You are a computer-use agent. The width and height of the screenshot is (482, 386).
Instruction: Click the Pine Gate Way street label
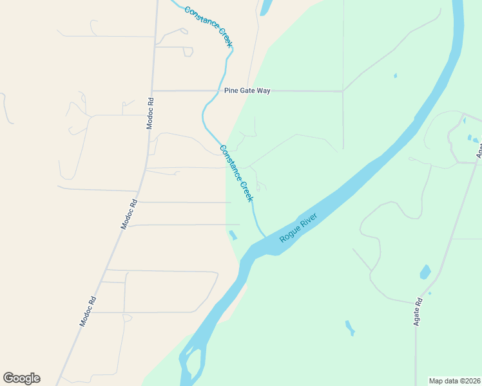(247, 91)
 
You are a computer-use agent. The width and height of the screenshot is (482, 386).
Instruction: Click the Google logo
(21, 378)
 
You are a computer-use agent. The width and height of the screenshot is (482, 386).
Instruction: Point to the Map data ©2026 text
(454, 380)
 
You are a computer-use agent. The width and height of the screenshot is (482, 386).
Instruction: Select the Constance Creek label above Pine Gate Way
(207, 26)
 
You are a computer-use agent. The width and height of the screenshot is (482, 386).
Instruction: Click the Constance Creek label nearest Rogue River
(236, 173)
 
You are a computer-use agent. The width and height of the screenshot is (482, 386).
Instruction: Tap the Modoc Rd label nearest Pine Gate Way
(150, 113)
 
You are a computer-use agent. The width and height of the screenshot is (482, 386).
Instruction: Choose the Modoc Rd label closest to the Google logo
(88, 311)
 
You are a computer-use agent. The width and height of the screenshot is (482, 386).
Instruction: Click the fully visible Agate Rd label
(418, 311)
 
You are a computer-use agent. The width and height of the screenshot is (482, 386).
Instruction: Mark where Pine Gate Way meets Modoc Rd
(153, 91)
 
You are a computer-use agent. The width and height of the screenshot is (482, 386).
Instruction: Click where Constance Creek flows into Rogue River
(265, 236)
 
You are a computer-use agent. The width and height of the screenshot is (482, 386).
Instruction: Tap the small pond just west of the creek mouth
(232, 235)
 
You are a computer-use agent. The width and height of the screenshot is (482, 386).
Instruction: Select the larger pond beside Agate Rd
(425, 272)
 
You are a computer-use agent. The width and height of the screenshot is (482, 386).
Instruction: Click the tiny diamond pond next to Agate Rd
(430, 293)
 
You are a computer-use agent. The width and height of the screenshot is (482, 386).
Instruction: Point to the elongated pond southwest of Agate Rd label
(349, 328)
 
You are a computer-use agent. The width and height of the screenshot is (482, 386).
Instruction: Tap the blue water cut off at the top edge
(264, 7)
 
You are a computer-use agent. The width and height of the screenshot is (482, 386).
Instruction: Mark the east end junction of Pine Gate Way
(343, 91)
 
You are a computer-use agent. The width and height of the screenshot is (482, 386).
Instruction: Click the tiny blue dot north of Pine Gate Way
(395, 76)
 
